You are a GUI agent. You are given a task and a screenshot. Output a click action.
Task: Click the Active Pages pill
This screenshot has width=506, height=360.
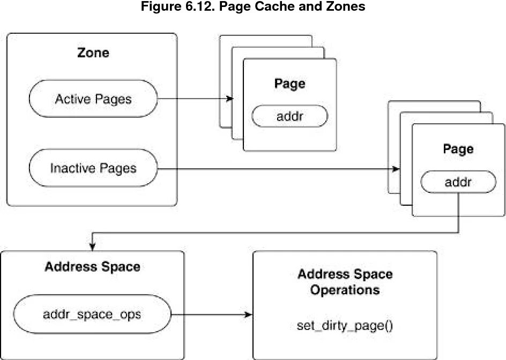(x=93, y=99)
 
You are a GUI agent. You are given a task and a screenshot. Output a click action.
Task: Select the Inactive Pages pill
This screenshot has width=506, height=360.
(x=93, y=168)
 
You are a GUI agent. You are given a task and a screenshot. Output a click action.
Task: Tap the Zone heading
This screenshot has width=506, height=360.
(x=93, y=52)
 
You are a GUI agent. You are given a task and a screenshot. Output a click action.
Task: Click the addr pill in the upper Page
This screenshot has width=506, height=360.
(x=289, y=116)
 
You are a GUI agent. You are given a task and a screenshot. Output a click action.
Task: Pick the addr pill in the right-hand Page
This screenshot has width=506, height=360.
(x=458, y=183)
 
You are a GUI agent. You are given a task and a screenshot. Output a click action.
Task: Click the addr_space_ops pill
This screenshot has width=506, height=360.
(x=92, y=314)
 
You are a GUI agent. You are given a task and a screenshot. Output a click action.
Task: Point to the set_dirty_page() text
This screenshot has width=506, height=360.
(x=345, y=325)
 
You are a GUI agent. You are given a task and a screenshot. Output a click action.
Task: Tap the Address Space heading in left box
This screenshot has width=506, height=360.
(x=92, y=267)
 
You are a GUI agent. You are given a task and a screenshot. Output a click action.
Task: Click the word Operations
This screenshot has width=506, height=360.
(x=345, y=290)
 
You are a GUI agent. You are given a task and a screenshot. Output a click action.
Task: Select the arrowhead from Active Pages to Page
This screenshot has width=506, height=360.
(x=231, y=99)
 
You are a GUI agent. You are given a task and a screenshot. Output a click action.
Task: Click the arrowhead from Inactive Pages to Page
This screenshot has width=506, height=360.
(x=397, y=169)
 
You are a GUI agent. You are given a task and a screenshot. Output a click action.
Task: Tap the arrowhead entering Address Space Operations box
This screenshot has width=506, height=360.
(x=249, y=314)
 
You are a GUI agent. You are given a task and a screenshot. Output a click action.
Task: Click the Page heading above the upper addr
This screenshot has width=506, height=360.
(x=289, y=84)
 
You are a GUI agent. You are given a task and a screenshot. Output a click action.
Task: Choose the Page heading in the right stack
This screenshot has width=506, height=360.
(x=458, y=148)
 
